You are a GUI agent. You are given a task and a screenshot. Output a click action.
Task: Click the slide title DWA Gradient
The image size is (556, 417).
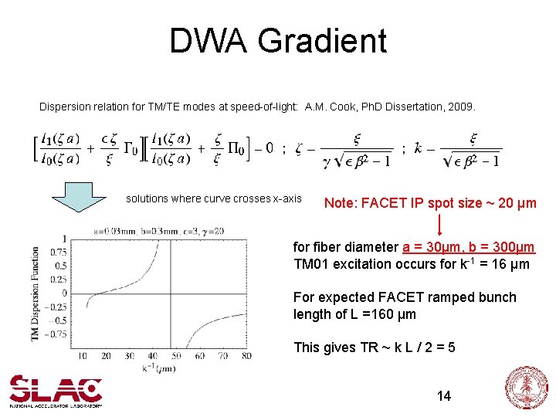pos(278,40)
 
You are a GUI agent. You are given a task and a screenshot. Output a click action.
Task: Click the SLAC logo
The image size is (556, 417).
pos(56,390)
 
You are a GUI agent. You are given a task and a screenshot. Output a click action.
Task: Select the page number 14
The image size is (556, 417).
pos(443,396)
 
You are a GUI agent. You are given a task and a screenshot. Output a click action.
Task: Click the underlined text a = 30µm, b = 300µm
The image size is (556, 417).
pos(468,247)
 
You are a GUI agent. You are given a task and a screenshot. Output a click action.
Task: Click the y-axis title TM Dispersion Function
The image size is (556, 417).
pos(35,294)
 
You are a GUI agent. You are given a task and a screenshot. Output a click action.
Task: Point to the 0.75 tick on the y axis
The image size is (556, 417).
pos(59,251)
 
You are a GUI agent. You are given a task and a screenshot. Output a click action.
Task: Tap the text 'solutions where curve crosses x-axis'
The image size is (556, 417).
pos(214,198)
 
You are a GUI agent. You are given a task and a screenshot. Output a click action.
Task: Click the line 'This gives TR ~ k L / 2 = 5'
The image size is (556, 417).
pos(374,347)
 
